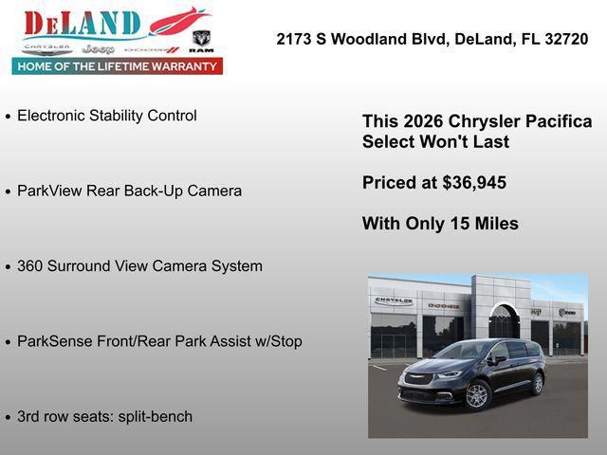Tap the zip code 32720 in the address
coord(565,40)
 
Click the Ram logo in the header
coord(201,42)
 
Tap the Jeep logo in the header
coord(98,48)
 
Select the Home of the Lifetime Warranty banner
coord(118,66)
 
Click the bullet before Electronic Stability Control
coord(9,117)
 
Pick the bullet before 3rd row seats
coord(9,417)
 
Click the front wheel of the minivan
coord(477,395)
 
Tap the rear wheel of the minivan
coord(538,383)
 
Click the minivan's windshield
coord(462,351)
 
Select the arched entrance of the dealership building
coord(504,321)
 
